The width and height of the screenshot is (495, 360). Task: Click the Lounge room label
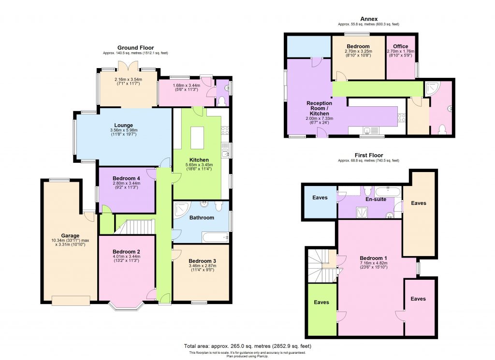click(x=123, y=125)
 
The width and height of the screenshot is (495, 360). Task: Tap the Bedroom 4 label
click(x=126, y=178)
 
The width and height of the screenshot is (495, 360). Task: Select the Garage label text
click(x=70, y=236)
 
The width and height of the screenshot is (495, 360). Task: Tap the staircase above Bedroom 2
click(x=134, y=227)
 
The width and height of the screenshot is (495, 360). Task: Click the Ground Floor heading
click(x=135, y=47)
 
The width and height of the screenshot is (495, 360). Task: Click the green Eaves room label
click(x=321, y=302)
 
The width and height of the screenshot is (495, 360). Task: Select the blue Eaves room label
click(x=320, y=198)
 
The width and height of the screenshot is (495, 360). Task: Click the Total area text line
click(x=247, y=346)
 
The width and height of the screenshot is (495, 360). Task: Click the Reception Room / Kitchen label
click(x=319, y=108)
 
